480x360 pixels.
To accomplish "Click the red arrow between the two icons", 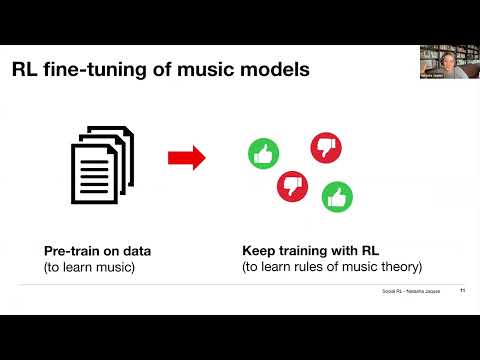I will click(186, 157).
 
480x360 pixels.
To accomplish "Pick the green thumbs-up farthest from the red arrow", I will click(337, 196).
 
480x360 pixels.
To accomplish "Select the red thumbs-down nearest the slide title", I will click(326, 147).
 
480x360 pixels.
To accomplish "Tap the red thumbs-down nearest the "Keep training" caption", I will click(291, 185).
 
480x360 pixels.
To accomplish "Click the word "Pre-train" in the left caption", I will click(69, 251).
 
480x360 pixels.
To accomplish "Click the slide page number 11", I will click(462, 292).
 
